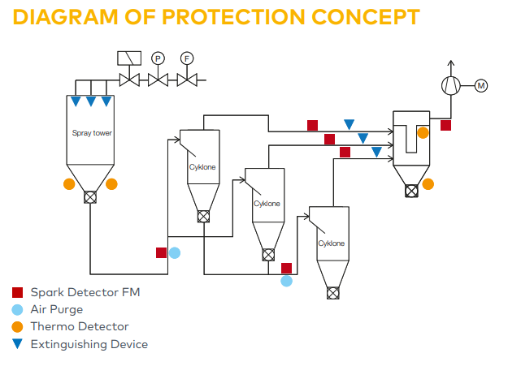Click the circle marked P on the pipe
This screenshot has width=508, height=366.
(x=158, y=58)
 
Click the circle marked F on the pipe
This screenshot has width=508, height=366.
(x=187, y=58)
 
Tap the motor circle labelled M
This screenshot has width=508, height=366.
(x=481, y=85)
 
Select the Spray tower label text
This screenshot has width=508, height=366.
(x=91, y=131)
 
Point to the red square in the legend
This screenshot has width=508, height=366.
(x=17, y=292)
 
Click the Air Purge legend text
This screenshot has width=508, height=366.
(x=57, y=309)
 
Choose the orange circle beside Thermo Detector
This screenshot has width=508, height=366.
(x=17, y=326)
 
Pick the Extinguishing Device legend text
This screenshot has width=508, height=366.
(x=89, y=344)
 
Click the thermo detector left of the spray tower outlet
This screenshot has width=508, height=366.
(x=69, y=184)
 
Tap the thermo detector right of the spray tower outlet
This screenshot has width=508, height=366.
(x=111, y=184)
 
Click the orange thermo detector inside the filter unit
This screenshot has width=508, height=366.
(x=423, y=132)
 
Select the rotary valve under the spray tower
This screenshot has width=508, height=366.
(x=90, y=197)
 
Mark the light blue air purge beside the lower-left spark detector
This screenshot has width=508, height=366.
(x=174, y=252)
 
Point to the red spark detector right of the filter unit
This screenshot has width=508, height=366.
(x=445, y=125)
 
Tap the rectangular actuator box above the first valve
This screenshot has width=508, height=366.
(x=129, y=58)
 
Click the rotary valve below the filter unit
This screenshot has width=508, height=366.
(x=411, y=191)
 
